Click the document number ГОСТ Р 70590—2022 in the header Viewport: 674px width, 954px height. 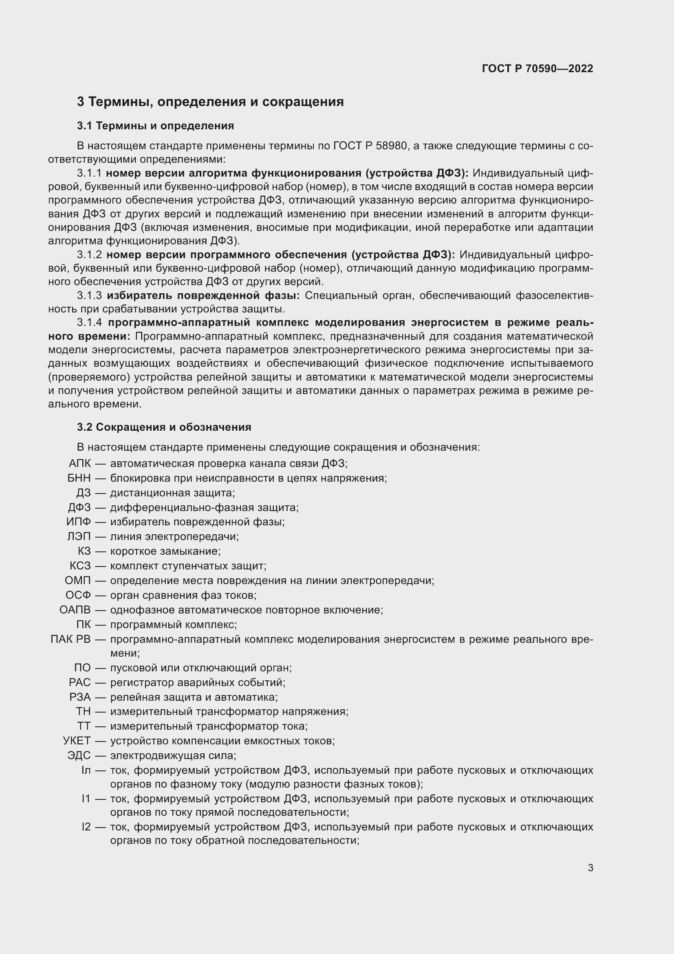(537, 69)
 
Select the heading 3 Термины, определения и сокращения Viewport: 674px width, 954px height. (210, 102)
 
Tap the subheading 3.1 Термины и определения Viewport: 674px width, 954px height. (155, 126)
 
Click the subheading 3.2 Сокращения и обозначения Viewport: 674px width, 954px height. (164, 427)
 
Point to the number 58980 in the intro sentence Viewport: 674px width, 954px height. (391, 146)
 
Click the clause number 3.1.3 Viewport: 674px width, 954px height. (89, 295)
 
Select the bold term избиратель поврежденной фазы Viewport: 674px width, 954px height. (203, 295)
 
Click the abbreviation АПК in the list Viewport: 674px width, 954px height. (80, 463)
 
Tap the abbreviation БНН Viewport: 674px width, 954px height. (79, 478)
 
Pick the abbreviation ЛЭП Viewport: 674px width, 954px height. (79, 536)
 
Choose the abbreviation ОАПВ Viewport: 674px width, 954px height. (75, 609)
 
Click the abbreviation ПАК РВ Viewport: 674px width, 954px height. (70, 639)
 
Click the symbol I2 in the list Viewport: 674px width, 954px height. (86, 827)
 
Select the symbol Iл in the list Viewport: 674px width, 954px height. (86, 770)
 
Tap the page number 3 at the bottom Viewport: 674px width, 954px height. (590, 868)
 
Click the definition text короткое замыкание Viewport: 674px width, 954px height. (165, 551)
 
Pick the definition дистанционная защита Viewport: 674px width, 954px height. (172, 493)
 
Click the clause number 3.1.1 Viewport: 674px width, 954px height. (89, 173)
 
